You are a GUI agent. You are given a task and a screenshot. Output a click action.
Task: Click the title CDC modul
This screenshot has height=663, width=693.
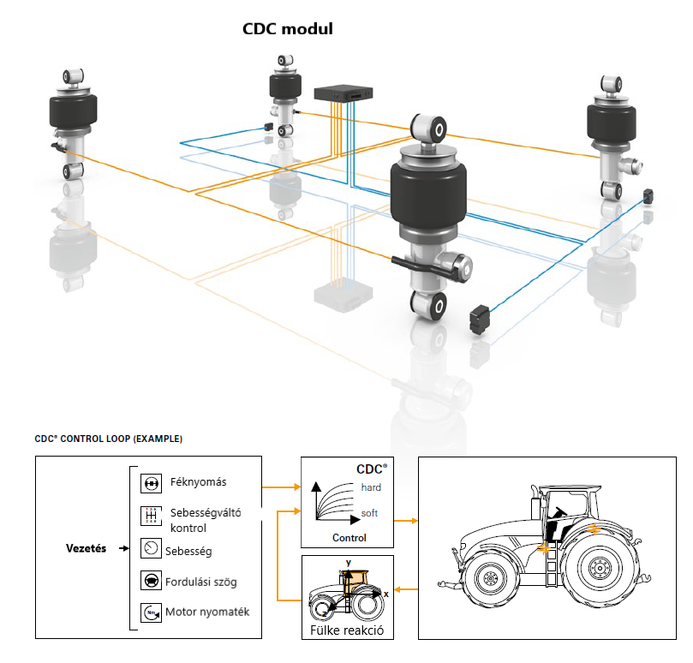point(288,29)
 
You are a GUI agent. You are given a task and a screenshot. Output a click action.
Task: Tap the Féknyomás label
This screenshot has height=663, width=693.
point(198,482)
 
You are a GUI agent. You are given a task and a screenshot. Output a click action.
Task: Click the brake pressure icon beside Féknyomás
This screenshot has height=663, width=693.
point(150,483)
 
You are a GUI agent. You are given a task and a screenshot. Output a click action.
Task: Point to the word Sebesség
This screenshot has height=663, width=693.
point(190,550)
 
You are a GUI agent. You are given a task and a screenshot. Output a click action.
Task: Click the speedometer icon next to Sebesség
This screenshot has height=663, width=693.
point(150,548)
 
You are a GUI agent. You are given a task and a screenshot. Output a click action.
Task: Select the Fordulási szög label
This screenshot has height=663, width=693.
point(203,582)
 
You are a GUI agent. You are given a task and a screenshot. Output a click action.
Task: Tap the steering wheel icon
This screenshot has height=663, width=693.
point(150,581)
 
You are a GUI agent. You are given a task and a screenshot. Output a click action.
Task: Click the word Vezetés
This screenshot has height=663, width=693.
point(86,548)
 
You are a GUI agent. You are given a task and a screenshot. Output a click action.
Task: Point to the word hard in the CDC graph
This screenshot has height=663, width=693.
point(371,487)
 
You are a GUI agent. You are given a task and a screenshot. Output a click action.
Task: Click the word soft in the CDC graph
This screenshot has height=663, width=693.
point(369,514)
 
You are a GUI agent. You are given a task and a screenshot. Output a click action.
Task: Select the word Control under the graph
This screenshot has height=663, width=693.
point(348,538)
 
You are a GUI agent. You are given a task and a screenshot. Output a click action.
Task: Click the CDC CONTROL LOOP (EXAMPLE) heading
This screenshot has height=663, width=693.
point(108,439)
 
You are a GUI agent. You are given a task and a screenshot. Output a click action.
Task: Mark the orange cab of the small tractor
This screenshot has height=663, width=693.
point(355,583)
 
